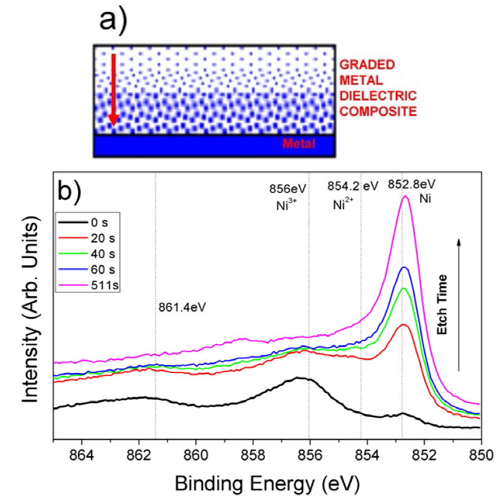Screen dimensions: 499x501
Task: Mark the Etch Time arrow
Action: pos(459,304)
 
